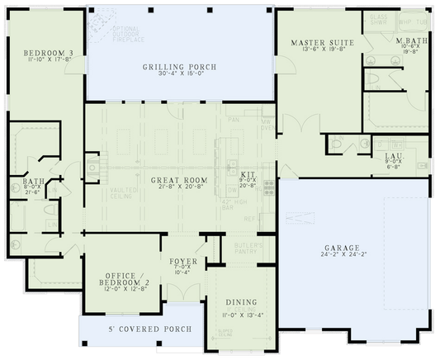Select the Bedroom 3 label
[48, 53]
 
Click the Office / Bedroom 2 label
[123, 279]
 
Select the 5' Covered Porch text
[150, 329]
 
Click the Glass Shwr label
[379, 20]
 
